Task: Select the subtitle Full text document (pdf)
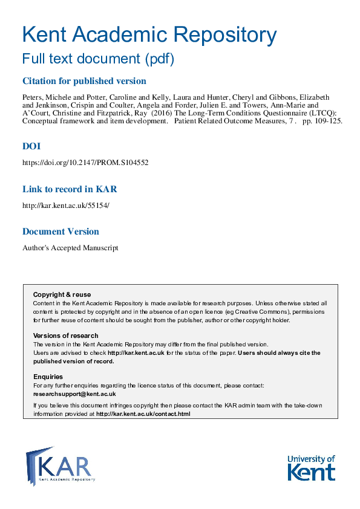(98, 59)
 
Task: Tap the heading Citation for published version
(84, 81)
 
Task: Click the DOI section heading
(31, 147)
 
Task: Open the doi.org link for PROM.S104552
(85, 163)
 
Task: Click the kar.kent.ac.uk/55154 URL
(66, 205)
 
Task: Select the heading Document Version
(61, 231)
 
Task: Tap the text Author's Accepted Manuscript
(70, 247)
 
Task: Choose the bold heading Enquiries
(48, 377)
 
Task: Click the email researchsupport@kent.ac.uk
(74, 394)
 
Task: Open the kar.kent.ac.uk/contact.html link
(143, 414)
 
